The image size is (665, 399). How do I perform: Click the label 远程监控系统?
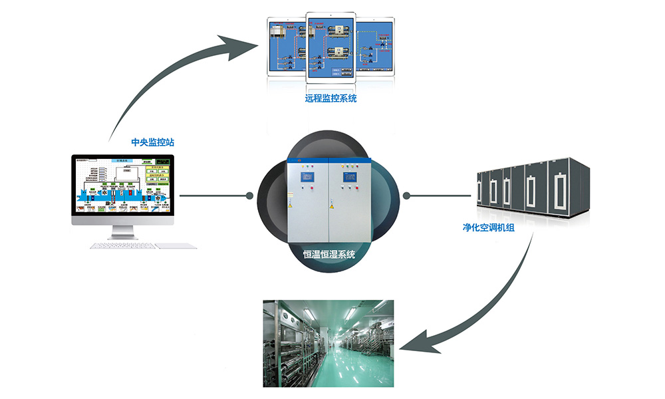(x=331, y=99)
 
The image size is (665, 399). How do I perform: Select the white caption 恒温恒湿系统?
(x=329, y=254)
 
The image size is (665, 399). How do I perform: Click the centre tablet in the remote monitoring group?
(x=331, y=47)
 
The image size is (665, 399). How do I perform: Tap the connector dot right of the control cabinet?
(x=407, y=196)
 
